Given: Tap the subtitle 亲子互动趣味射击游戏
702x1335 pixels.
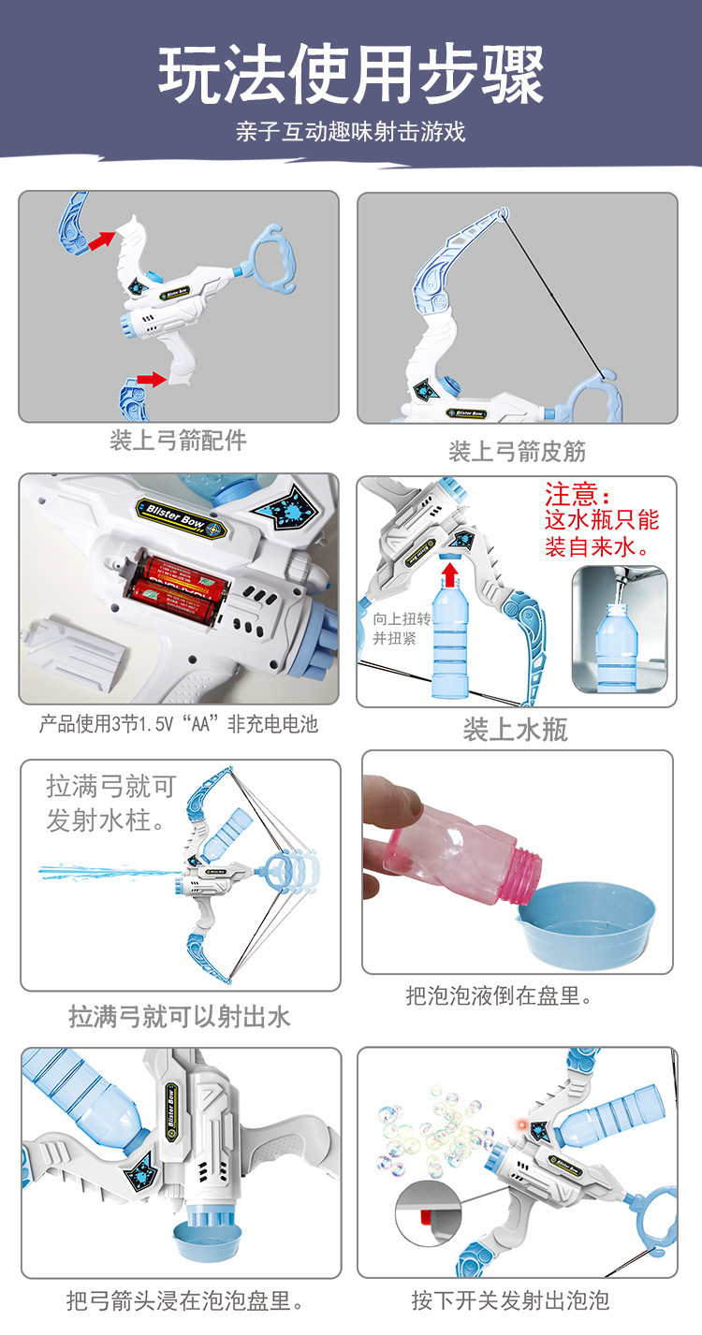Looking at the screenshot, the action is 351,131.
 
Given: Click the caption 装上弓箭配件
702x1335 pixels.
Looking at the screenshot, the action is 178,441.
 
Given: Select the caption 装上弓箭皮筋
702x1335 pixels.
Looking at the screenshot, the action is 517,451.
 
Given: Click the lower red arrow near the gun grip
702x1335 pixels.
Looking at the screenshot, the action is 152,379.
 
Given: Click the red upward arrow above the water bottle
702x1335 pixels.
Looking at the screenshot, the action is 450,574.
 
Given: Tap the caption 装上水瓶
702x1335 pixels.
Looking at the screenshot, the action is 516,730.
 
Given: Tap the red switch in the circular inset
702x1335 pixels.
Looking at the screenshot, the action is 425,1216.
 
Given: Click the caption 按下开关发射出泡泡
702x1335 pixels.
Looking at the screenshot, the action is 510,1299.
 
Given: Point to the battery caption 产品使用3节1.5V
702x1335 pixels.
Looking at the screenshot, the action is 179,723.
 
